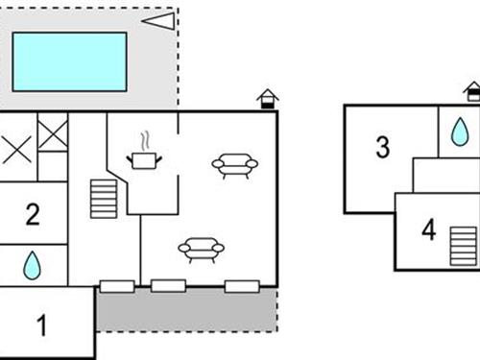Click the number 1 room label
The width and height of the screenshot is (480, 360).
41,325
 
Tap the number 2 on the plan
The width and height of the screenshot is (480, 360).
33,214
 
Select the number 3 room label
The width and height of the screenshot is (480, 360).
382,148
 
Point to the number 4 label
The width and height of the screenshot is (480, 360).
428,230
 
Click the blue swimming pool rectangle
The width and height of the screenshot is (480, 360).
69,61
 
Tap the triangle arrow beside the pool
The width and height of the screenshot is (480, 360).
158,20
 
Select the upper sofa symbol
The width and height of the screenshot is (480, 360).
233,166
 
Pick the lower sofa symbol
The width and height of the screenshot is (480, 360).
201,250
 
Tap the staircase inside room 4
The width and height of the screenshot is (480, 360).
463,246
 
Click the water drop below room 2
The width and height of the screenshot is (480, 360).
33,266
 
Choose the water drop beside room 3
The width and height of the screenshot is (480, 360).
461,132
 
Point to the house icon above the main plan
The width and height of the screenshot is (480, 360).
267,99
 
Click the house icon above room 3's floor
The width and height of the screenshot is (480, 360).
472,91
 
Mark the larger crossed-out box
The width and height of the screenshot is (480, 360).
15,151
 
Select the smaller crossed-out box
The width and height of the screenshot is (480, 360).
53,132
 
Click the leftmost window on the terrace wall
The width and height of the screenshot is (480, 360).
117,286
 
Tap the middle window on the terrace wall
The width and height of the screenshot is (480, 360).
168,285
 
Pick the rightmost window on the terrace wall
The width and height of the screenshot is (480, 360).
241,285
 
